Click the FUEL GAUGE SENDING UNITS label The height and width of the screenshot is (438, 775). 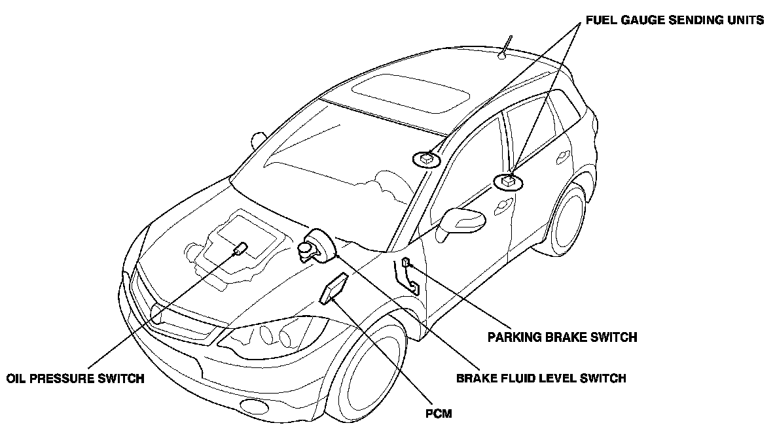[x=674, y=20]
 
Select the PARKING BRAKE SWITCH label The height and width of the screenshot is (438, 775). [x=562, y=337]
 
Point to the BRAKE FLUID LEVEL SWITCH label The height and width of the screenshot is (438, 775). [x=541, y=378]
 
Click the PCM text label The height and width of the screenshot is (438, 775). [x=437, y=413]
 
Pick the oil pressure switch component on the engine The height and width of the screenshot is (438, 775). [x=240, y=249]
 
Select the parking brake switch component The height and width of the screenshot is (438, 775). [x=407, y=263]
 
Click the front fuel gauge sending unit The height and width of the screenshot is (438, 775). [x=425, y=158]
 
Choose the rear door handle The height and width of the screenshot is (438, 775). [x=561, y=157]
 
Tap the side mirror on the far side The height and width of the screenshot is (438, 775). [x=259, y=139]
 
